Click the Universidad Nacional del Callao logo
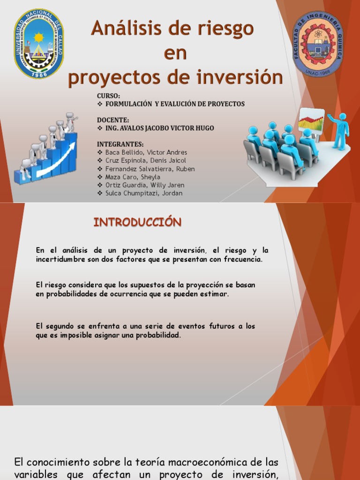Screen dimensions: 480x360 39,43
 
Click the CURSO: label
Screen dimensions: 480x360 109,96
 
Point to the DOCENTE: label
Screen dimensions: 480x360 112,120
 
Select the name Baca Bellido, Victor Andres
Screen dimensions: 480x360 146,152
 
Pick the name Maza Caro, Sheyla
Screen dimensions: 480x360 133,177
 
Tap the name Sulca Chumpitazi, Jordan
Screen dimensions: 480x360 144,193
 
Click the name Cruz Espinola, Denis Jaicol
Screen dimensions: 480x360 146,161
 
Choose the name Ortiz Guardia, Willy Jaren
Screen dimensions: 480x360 145,185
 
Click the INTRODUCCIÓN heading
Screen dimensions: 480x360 137,222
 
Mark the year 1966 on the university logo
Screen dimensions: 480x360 39,74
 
